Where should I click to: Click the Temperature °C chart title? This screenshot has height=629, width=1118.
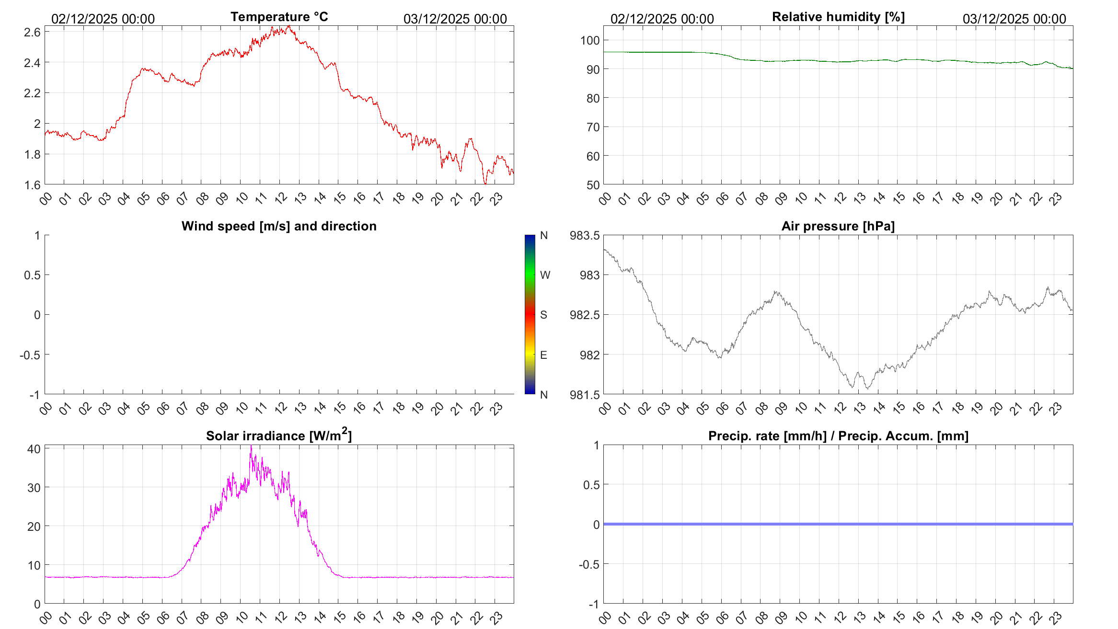(x=279, y=17)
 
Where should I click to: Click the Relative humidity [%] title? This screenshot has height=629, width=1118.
(x=838, y=17)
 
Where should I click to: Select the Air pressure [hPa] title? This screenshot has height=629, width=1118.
(x=838, y=226)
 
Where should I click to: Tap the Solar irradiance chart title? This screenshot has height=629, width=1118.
(x=279, y=435)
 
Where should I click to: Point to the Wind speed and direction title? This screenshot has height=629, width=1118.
(x=279, y=226)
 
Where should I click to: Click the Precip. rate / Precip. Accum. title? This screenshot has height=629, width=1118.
(x=838, y=436)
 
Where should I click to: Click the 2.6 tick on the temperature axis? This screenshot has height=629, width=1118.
(x=32, y=32)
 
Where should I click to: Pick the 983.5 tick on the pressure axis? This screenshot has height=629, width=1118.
(x=584, y=235)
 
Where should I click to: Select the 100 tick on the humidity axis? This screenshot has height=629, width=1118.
(x=590, y=40)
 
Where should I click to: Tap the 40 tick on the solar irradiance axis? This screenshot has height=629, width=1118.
(x=34, y=449)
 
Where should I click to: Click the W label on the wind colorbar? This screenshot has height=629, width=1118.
(x=545, y=275)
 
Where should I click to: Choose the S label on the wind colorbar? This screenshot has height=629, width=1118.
(x=543, y=315)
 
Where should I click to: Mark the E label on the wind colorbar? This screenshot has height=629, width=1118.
(x=543, y=355)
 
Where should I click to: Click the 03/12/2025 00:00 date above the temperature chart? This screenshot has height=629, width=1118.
(x=455, y=19)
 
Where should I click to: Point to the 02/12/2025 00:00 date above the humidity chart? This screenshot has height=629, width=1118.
(x=662, y=19)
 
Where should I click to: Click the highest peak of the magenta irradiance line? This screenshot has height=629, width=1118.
(x=251, y=446)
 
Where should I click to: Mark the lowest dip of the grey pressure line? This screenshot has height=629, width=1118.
(x=868, y=389)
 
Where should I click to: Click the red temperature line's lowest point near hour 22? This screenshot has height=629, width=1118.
(x=485, y=183)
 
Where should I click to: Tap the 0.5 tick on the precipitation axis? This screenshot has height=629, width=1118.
(x=591, y=485)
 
